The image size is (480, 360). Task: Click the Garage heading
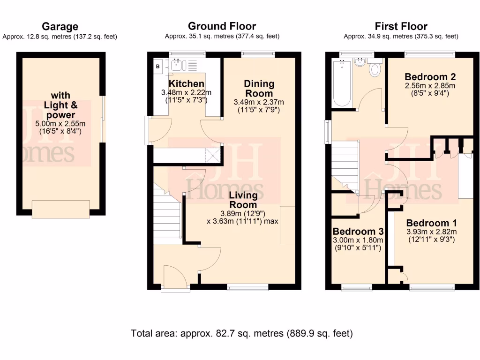(x=60, y=26)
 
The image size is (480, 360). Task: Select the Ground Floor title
(x=222, y=26)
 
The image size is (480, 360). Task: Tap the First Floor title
(x=401, y=26)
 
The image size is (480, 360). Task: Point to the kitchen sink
(x=179, y=66)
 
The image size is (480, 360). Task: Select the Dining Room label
(x=259, y=88)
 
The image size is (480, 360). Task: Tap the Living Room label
(x=243, y=200)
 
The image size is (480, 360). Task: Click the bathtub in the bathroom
(x=341, y=84)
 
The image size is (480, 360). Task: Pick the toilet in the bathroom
(x=375, y=70)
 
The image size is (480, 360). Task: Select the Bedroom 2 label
(x=430, y=76)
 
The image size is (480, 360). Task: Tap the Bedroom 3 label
(x=358, y=231)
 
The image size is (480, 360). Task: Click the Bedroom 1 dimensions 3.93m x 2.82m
(x=431, y=232)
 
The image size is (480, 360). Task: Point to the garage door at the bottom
(x=60, y=209)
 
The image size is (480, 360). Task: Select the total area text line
(x=242, y=333)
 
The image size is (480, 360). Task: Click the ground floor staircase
(x=166, y=216)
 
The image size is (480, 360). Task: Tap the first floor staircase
(x=345, y=162)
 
